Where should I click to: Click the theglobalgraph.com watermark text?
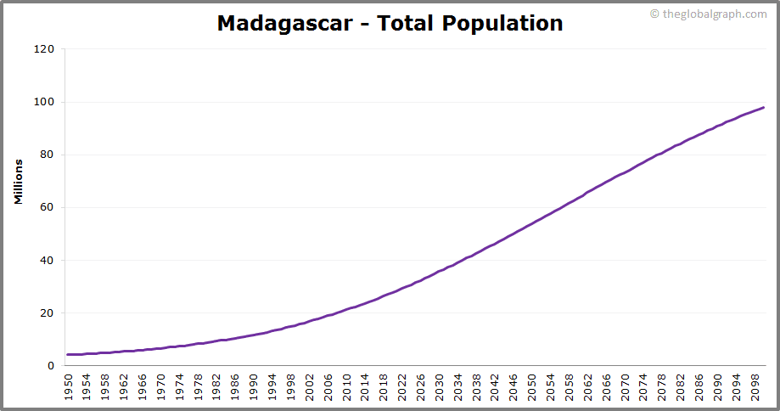pos(713,14)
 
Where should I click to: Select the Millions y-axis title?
pos(18,182)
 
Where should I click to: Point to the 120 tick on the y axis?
pos(44,49)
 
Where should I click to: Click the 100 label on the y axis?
pos(44,102)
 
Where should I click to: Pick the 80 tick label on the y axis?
pos(47,155)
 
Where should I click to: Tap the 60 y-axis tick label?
pos(47,207)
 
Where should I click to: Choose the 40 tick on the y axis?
pos(47,260)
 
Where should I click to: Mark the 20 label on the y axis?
pos(47,312)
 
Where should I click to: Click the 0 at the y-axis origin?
pos(50,365)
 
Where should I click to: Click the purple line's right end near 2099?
pos(763,108)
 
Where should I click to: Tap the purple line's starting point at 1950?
pos(69,354)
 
